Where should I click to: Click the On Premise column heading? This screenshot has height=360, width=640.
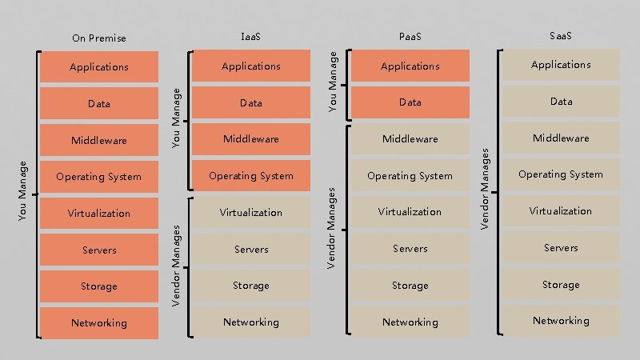coord(98,38)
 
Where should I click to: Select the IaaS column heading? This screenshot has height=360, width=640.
coord(251,37)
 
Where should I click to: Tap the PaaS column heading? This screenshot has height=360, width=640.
coord(410,37)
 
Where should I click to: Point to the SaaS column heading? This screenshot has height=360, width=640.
coord(561,36)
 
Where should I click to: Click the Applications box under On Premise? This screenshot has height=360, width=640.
coord(98,67)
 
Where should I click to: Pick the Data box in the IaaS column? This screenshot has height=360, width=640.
coord(251,103)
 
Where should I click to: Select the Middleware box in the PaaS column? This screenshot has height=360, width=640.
coord(410,139)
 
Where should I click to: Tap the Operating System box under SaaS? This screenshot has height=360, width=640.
coord(561,174)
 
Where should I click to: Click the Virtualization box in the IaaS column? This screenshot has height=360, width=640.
coord(251,213)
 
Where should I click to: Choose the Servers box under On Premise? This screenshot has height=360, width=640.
coord(98,250)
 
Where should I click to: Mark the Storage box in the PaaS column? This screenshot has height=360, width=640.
coord(410,286)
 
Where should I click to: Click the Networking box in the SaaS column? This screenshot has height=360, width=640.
coord(561,321)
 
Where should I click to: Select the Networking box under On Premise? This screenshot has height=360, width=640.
coord(98,323)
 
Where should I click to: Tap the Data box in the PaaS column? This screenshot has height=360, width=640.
coord(410,102)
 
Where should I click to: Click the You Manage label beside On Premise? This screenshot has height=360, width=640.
coord(23,190)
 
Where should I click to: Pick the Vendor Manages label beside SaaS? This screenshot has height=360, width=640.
coord(484,185)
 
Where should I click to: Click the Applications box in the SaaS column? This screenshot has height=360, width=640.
coord(561,65)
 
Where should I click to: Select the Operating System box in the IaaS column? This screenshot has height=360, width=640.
coord(251,176)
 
